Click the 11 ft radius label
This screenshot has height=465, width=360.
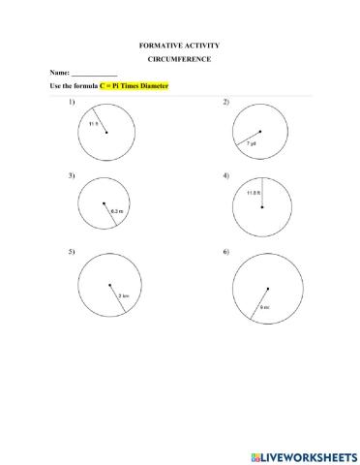click(x=94, y=124)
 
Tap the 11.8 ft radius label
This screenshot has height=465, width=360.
click(x=253, y=193)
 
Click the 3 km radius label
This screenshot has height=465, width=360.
click(x=123, y=295)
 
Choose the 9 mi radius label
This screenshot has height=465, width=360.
click(x=263, y=307)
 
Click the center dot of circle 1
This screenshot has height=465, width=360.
click(x=106, y=132)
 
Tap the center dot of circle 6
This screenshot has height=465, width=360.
click(x=268, y=289)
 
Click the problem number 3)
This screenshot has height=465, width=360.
click(x=72, y=175)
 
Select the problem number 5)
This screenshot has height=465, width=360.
click(x=72, y=252)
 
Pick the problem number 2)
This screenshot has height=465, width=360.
click(x=226, y=102)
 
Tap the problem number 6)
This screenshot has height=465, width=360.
click(x=226, y=252)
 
